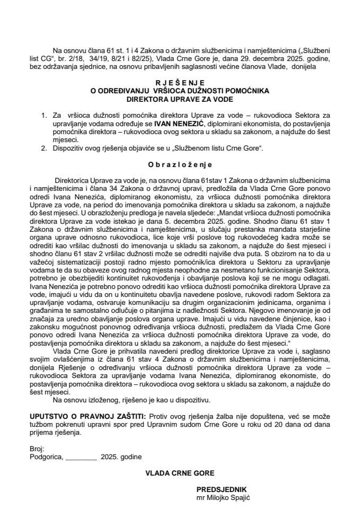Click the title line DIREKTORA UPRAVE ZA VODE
(180, 98)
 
